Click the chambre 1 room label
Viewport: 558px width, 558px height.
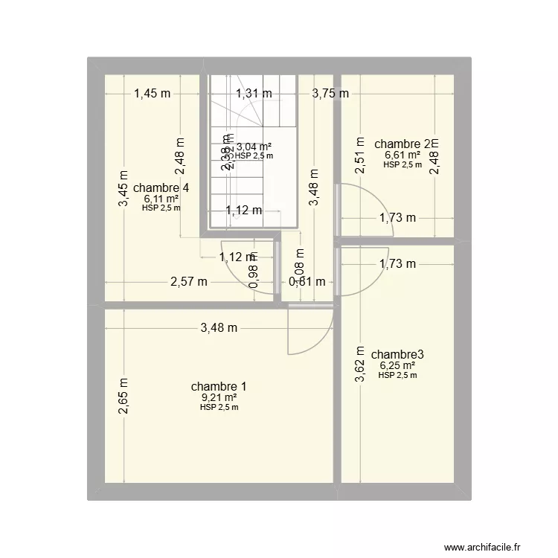pos(219,386)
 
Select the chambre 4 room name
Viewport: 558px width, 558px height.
pos(161,187)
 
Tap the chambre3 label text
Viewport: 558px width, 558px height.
pos(397,354)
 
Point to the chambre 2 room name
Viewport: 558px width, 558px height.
pos(405,144)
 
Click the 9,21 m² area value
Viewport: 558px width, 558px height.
pos(219,397)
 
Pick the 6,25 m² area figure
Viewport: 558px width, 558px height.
pos(397,365)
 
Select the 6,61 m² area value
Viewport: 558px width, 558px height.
pos(403,155)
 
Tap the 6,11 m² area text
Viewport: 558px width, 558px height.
pos(161,199)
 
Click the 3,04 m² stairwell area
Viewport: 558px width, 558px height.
pos(254,147)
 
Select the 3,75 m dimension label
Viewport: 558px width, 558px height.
pos(330,94)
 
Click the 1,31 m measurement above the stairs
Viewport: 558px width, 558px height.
pos(254,94)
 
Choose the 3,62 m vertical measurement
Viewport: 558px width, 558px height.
pos(360,365)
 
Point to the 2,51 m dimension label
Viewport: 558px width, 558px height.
pos(360,155)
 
